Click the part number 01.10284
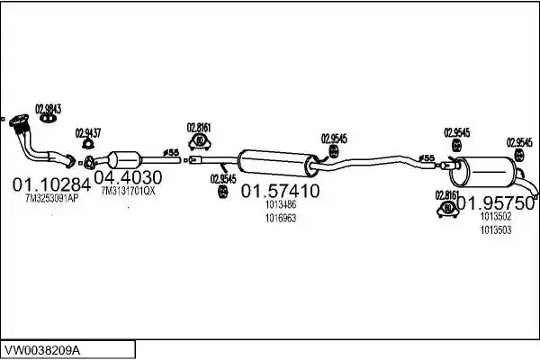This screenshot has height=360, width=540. [x=51, y=185]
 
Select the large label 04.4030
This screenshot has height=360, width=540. [x=128, y=177]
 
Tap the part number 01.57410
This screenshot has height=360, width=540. [x=280, y=191]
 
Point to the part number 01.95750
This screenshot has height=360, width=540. [x=496, y=203]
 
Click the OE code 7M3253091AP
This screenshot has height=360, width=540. [x=51, y=198]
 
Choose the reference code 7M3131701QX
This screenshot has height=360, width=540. [x=129, y=191]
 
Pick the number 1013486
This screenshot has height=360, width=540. [x=281, y=204]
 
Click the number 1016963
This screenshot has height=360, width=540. [x=281, y=218]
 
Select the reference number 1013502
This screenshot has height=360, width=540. [x=496, y=216]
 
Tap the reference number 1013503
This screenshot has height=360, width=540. [x=496, y=229]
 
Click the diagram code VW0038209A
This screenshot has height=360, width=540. [x=42, y=351]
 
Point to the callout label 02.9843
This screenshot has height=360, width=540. [x=49, y=109]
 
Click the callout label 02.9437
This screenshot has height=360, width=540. [x=88, y=133]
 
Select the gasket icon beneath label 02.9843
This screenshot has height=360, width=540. [x=48, y=119]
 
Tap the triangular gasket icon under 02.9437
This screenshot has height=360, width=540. [x=88, y=144]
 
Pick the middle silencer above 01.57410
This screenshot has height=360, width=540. [x=278, y=163]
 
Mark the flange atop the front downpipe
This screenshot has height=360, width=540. [x=19, y=121]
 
